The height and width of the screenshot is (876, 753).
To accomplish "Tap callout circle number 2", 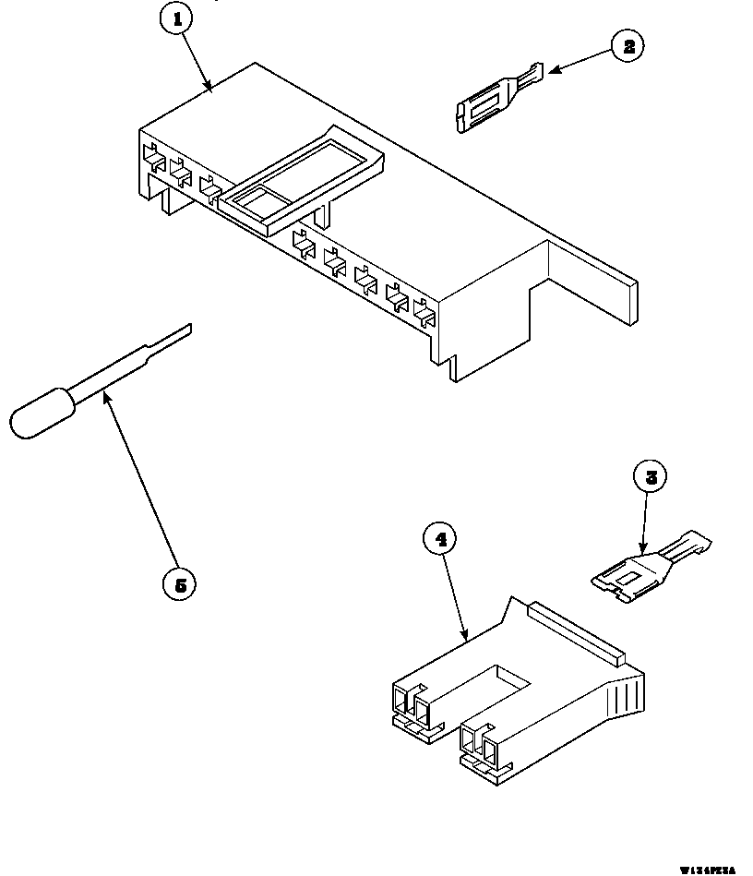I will click(x=628, y=46).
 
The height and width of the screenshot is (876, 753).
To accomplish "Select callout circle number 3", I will click(x=651, y=477).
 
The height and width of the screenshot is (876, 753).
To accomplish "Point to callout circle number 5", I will click(x=179, y=583).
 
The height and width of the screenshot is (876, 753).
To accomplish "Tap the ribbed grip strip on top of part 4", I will click(x=573, y=631).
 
